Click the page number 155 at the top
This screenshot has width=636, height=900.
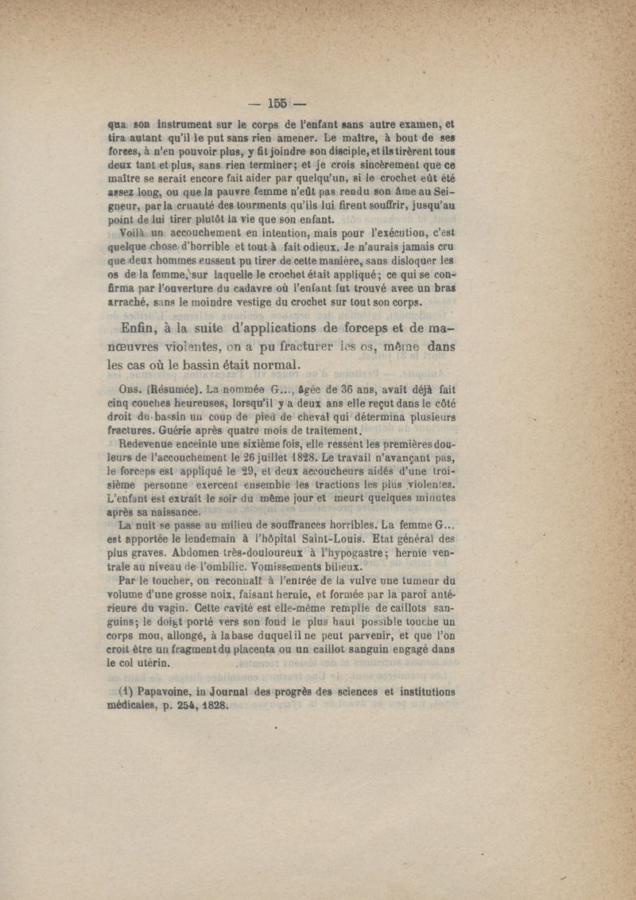click(277, 103)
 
